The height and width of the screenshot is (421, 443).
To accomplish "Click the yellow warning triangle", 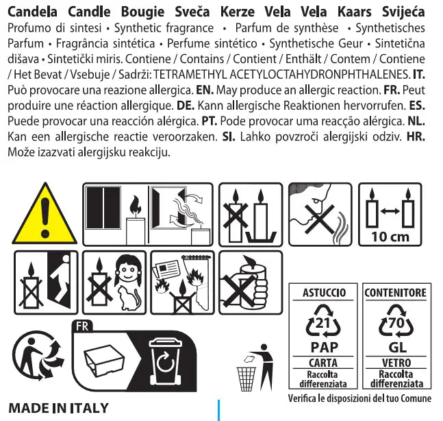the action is click(x=45, y=217).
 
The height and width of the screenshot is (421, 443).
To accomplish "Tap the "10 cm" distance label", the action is click(x=390, y=237).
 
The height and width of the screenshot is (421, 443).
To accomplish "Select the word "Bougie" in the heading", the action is click(x=142, y=12).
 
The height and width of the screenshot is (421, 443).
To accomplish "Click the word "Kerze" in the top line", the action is click(x=238, y=12).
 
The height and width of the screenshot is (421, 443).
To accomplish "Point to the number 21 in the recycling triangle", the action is click(x=322, y=323).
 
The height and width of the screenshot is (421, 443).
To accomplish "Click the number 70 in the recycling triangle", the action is click(x=396, y=322).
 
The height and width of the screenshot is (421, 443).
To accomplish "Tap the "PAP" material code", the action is click(x=324, y=348).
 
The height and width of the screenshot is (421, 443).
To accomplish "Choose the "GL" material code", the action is click(x=397, y=348).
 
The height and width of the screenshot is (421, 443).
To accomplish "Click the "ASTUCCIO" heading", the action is click(x=324, y=293).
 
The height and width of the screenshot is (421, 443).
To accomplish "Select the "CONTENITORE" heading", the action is click(x=396, y=293).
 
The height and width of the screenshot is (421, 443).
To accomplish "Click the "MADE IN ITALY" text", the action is click(x=58, y=408).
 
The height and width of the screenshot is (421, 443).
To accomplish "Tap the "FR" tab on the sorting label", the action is click(x=82, y=326).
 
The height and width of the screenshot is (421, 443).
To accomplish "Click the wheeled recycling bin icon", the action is click(x=166, y=361).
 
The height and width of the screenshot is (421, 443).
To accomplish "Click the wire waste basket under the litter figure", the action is click(x=246, y=379).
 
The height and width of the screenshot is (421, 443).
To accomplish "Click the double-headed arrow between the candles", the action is click(x=390, y=210).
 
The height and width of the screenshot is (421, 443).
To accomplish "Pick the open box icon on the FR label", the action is click(x=104, y=361).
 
